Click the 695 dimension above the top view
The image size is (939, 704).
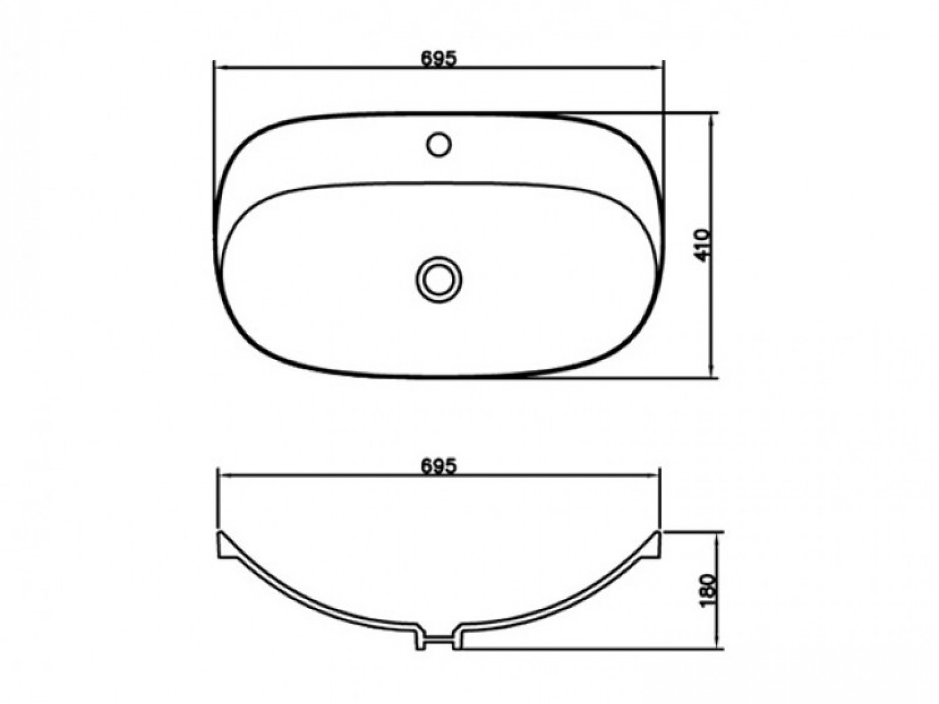tap(438, 59)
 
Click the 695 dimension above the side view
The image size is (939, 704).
tap(438, 466)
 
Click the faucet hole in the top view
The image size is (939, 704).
tap(438, 144)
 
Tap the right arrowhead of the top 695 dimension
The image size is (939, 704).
tap(656, 67)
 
